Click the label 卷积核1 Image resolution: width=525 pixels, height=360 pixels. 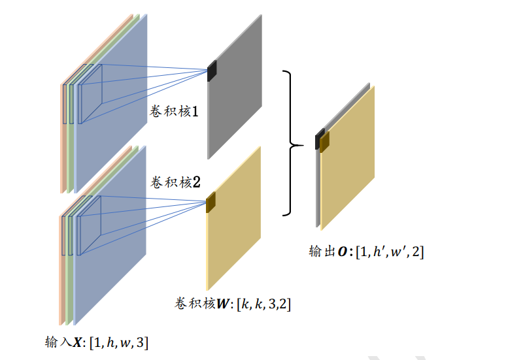[x=175, y=112]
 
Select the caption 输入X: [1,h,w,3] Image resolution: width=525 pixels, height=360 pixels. [x=97, y=341]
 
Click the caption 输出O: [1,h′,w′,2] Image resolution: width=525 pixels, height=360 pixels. [x=366, y=252]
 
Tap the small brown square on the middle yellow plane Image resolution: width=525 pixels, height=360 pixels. [x=211, y=203]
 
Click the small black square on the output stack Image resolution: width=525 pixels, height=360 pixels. [x=318, y=139]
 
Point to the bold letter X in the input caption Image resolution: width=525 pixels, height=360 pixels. [x=78, y=341]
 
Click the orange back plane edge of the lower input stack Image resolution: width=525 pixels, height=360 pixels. [x=63, y=274]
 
